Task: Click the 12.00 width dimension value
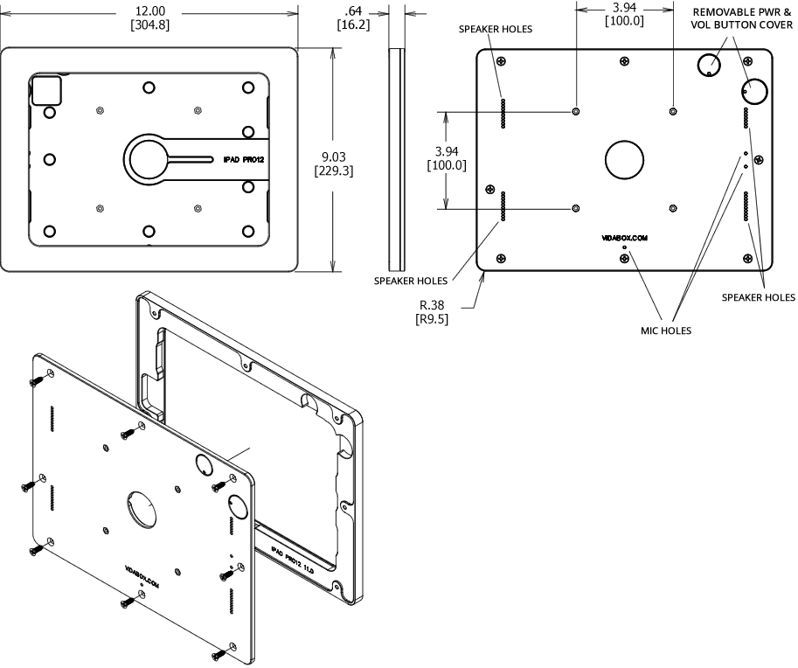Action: [149, 10]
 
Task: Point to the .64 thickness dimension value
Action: [354, 10]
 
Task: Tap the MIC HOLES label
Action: [666, 331]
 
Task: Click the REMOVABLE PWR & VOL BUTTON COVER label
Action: [743, 19]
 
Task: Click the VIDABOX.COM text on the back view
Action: [624, 237]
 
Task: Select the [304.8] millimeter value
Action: [149, 24]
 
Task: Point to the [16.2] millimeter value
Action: [354, 24]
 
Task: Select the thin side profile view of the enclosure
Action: [396, 157]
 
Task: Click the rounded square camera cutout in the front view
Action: [47, 90]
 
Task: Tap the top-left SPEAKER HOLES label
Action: [496, 29]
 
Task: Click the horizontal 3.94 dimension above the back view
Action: [624, 8]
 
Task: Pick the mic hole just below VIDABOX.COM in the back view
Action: [624, 248]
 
